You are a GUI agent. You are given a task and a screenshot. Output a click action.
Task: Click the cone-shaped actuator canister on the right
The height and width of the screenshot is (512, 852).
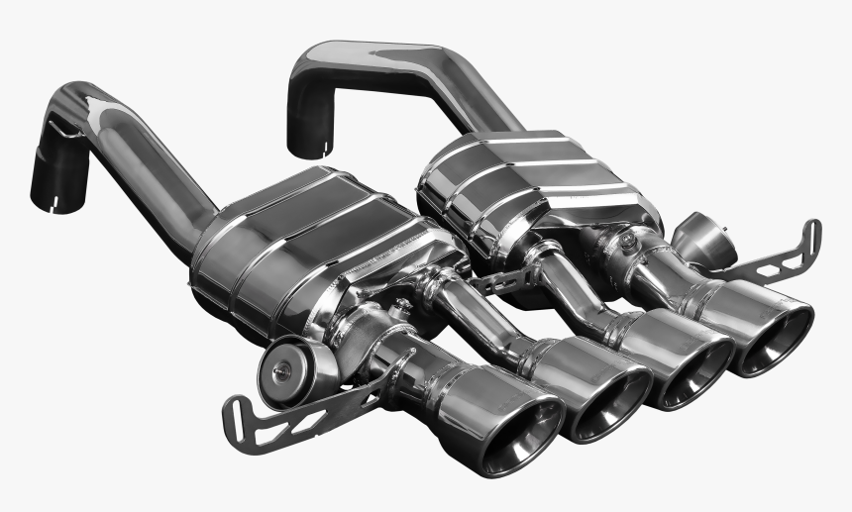click(x=701, y=238)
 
